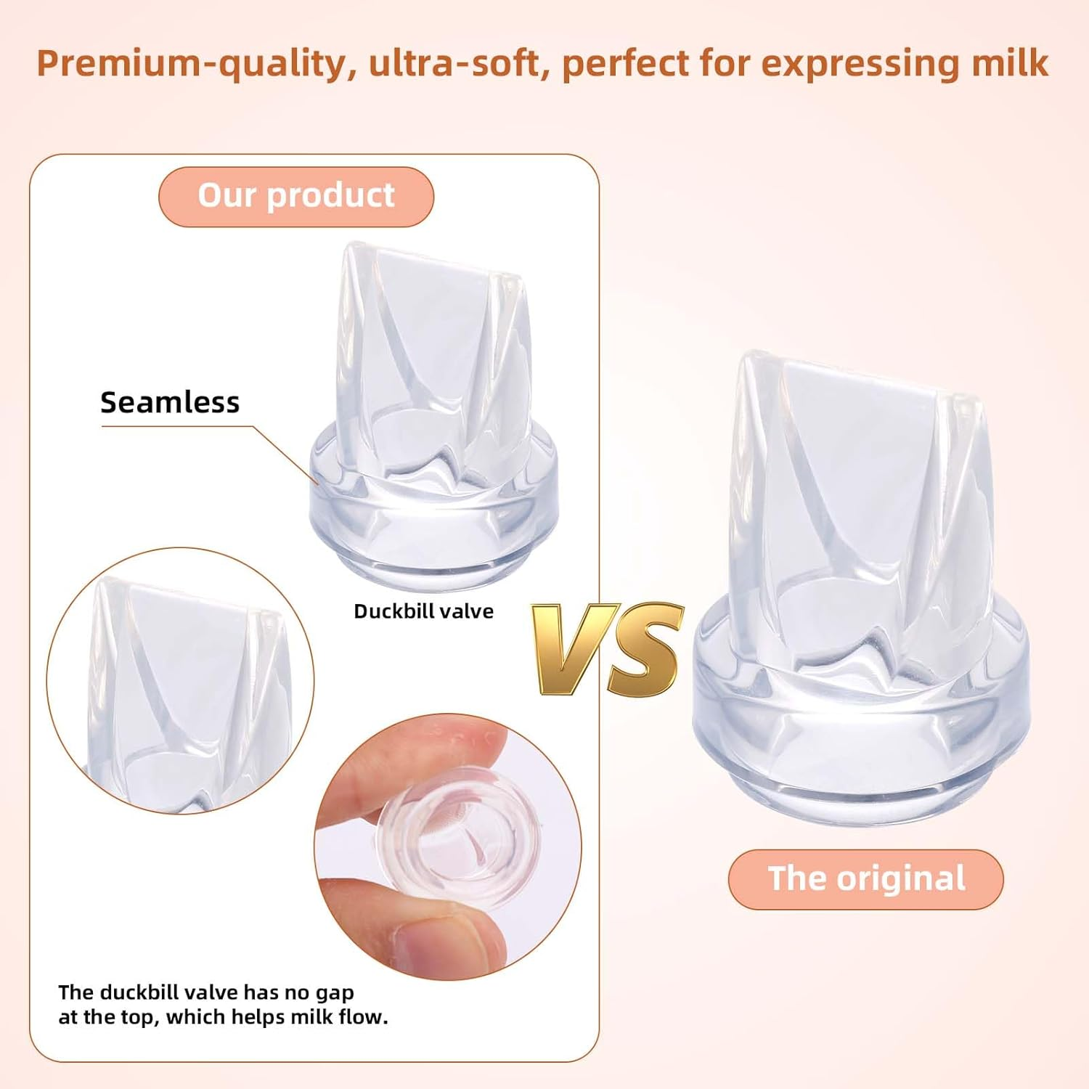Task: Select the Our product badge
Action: coord(296,196)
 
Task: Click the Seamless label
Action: coord(170,402)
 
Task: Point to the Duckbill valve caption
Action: coord(423,611)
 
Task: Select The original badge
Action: coord(866,878)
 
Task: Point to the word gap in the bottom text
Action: coord(335,992)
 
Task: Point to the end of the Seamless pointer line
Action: coord(317,483)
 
